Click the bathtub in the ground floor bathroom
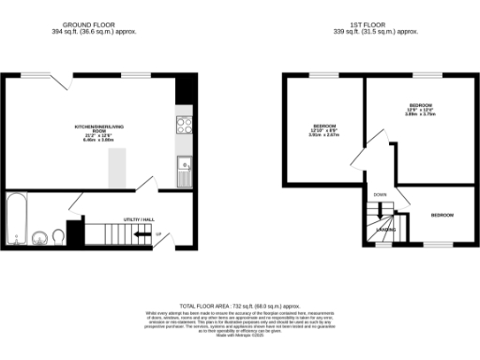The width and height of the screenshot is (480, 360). click(17, 217)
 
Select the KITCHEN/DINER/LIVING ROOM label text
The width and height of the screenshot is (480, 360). click(98, 128)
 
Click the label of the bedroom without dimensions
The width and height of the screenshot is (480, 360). click(442, 216)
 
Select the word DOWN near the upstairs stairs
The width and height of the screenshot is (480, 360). click(380, 195)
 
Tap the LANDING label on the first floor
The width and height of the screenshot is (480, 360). click(385, 229)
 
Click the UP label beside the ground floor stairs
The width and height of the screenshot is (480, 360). click(158, 234)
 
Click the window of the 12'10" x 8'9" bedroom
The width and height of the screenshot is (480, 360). click(325, 73)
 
